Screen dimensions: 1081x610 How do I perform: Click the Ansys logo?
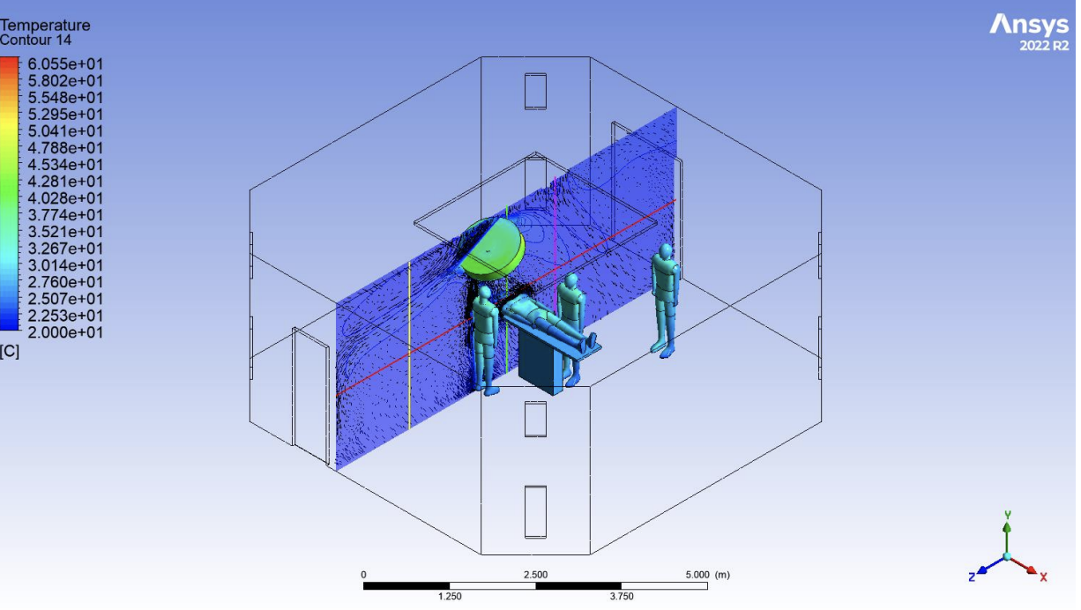point(1029,25)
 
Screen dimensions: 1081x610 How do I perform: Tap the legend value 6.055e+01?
point(65,64)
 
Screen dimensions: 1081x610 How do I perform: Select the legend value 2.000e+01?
point(65,332)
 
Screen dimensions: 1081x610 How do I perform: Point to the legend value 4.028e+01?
point(65,198)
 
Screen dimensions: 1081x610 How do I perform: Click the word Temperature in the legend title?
point(45,25)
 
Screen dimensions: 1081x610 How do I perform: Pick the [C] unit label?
point(10,352)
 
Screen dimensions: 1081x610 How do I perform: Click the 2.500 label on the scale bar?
point(536,575)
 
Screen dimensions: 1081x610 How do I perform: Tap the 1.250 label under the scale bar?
point(450,597)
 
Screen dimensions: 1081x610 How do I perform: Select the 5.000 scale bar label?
point(697,575)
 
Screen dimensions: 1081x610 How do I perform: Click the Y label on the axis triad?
point(1008,515)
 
